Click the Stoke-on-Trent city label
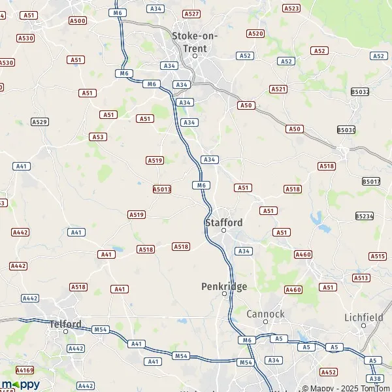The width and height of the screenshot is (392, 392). click(x=194, y=42)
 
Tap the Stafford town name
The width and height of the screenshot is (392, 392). click(x=223, y=222)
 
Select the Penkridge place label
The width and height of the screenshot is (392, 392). click(x=224, y=286)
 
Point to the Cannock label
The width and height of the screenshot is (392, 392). click(x=265, y=314)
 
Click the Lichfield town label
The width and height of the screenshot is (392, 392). click(x=363, y=318)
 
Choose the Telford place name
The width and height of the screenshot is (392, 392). click(x=66, y=323)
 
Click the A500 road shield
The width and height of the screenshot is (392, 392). click(x=77, y=21)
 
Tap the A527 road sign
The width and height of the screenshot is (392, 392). click(x=191, y=13)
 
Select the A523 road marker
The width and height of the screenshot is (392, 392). click(x=291, y=8)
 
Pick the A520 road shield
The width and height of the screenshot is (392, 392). click(x=255, y=33)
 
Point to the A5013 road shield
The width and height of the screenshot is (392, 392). click(x=161, y=189)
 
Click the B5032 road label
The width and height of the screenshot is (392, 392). click(x=360, y=92)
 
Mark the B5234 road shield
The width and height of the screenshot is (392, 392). click(x=365, y=216)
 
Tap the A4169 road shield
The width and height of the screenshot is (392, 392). click(x=24, y=369)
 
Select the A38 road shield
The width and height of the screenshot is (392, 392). click(x=374, y=378)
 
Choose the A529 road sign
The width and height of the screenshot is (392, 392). click(x=40, y=122)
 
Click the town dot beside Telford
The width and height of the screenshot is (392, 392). click(x=66, y=332)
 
